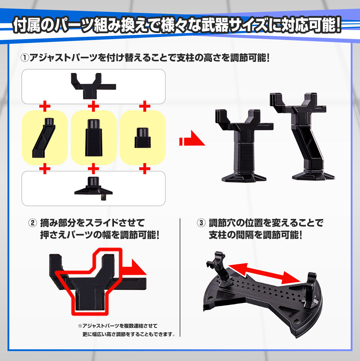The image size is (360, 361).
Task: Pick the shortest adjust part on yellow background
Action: click(x=143, y=138)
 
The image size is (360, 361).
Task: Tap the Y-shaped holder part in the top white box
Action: click(x=93, y=86)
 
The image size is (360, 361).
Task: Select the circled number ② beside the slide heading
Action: click(x=33, y=223)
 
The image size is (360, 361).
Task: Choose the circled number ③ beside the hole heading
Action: click(x=201, y=223)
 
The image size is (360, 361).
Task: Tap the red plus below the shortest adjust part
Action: click(x=145, y=168)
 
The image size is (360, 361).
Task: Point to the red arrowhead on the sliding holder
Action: click(x=139, y=267)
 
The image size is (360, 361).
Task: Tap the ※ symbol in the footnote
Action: click(x=80, y=326)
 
